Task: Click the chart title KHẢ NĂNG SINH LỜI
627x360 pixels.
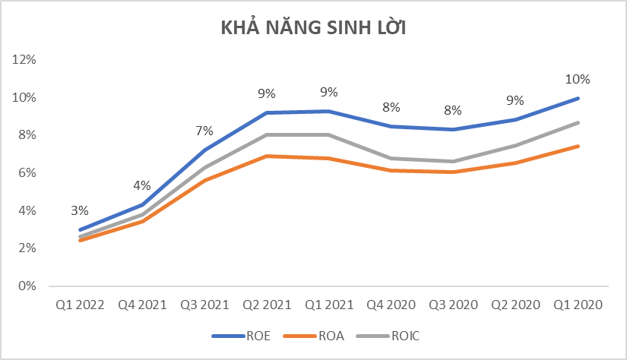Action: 313,29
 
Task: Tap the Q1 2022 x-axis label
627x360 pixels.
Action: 80,305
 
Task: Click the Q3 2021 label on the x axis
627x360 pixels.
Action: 204,305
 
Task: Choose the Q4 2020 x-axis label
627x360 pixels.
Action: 391,305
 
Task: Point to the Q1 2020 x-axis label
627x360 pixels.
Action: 578,305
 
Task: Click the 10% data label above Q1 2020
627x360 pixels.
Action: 578,79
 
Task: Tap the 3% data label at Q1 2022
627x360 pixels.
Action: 80,210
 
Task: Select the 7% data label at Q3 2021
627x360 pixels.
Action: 204,131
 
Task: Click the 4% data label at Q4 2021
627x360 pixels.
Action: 142,185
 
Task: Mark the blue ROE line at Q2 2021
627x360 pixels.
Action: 266,113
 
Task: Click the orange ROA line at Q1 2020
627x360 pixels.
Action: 578,146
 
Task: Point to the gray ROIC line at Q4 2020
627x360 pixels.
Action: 391,159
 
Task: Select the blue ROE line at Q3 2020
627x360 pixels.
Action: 453,129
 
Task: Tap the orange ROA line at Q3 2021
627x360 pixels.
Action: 204,180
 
